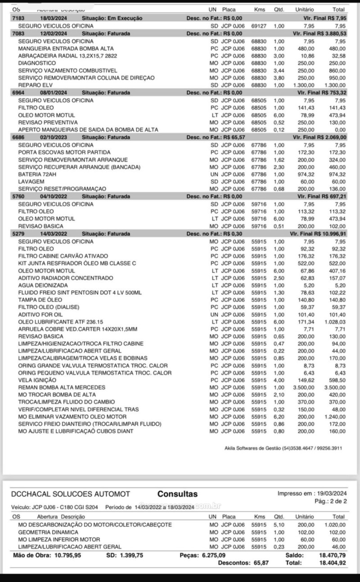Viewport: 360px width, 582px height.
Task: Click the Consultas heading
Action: [x=177, y=494]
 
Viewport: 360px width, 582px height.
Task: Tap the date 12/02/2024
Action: [x=54, y=33]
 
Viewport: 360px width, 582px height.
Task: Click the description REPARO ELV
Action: [x=36, y=85]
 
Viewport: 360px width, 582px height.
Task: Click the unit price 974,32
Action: [x=306, y=174]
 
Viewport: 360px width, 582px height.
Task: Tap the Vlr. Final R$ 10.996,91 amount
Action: [x=319, y=234]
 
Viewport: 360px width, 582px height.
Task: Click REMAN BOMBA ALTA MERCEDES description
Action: [x=62, y=387]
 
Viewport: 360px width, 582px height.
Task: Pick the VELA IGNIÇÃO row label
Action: [x=37, y=380]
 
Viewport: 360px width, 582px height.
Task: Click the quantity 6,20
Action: [x=279, y=417]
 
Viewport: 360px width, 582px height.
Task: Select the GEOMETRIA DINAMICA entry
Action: [x=48, y=532]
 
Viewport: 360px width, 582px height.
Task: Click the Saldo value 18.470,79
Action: [x=332, y=555]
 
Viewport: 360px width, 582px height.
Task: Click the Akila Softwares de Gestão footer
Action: [x=283, y=448]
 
